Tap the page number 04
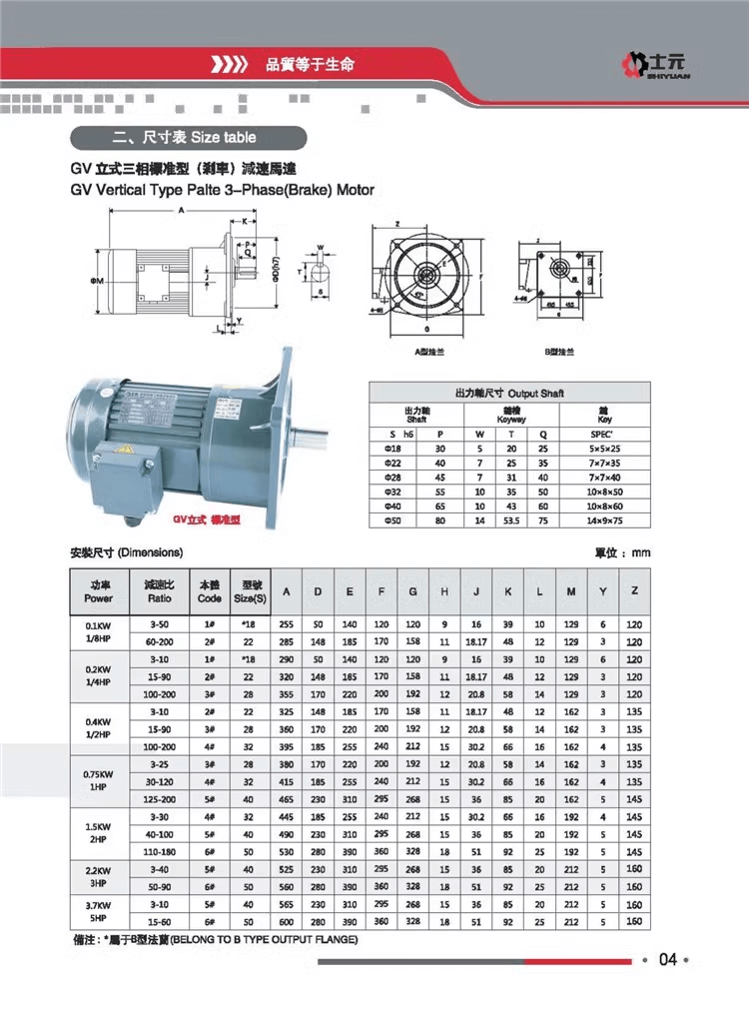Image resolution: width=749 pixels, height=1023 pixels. tap(668, 960)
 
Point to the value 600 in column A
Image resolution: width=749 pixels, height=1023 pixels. tap(286, 920)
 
